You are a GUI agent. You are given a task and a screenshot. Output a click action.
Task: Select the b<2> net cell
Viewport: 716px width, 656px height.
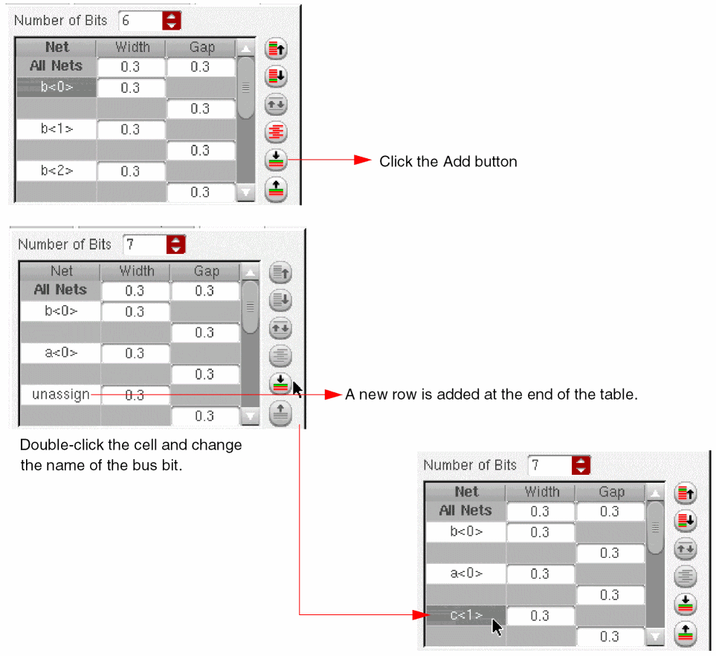(x=57, y=171)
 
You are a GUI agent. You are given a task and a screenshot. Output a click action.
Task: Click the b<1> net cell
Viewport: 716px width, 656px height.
(x=57, y=129)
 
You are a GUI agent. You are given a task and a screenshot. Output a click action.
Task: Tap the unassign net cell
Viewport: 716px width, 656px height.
(x=60, y=394)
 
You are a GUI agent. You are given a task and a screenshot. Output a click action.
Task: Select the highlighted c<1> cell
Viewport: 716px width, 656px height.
(x=465, y=615)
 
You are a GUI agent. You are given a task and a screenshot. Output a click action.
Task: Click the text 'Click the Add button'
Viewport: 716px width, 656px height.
(x=448, y=161)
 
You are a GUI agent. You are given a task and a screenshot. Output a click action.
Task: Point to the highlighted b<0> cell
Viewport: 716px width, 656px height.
(x=57, y=88)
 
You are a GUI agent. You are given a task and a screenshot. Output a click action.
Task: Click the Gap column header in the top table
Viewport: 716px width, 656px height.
(x=201, y=48)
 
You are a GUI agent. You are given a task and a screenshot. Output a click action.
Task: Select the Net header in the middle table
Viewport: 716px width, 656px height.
(x=62, y=271)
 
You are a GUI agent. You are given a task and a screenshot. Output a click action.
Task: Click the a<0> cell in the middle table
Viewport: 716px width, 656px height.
(x=61, y=353)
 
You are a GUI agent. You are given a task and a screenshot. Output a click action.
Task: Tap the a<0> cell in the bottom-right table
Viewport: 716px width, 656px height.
(x=466, y=574)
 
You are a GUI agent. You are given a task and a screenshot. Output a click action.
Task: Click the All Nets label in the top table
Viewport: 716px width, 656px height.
(x=57, y=66)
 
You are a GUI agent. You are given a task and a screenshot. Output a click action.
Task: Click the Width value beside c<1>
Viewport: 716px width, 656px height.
(x=541, y=616)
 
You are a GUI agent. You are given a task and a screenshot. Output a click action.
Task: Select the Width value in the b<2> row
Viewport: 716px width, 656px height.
(x=130, y=172)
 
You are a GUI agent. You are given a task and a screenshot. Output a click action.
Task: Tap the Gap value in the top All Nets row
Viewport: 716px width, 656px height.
(x=200, y=67)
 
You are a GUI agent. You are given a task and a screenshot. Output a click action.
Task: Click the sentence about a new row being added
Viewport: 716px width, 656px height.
(x=491, y=394)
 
